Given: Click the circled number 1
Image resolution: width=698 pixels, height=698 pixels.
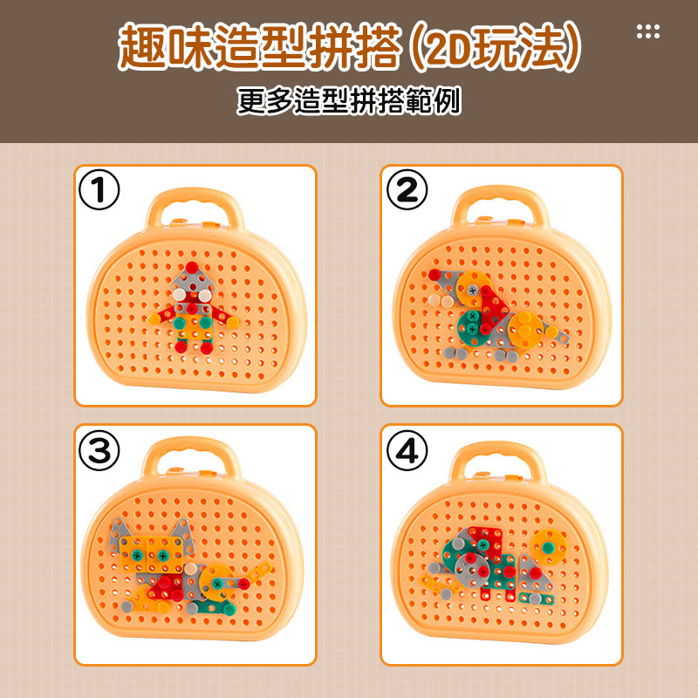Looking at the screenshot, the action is click(x=99, y=189).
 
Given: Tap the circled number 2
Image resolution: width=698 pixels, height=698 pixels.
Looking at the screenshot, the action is click(x=407, y=189).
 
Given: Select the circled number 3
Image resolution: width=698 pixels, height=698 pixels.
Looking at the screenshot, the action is click(x=99, y=450).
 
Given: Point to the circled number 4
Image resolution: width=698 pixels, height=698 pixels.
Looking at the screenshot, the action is click(x=407, y=450).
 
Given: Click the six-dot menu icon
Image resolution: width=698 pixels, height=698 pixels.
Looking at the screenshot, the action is click(x=648, y=31).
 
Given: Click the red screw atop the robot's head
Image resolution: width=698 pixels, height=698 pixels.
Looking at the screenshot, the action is click(x=192, y=268).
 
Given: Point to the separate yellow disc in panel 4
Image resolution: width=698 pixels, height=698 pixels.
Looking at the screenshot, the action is click(x=549, y=547).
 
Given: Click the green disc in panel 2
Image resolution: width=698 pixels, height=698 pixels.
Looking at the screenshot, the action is click(x=473, y=329).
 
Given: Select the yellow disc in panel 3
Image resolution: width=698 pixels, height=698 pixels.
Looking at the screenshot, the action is click(x=217, y=582).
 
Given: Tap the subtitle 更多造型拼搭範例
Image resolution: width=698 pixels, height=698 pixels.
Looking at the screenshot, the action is click(x=349, y=100).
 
